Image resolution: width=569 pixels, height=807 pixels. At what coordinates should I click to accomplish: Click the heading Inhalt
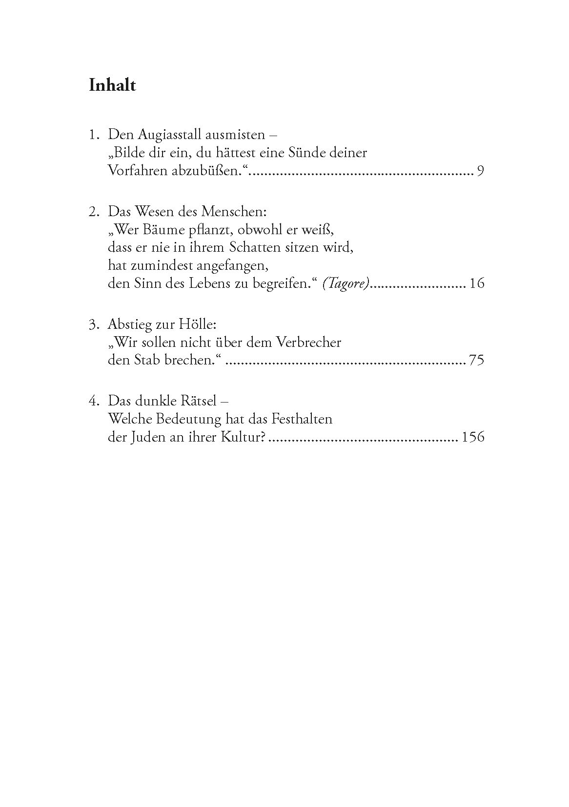(x=112, y=85)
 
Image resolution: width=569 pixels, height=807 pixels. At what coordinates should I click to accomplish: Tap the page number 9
(x=480, y=171)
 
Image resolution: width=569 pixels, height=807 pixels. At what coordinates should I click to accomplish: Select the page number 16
(x=476, y=283)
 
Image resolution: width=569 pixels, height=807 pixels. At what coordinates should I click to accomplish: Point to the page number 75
(x=476, y=361)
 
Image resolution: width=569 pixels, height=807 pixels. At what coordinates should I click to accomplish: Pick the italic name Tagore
(x=346, y=283)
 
